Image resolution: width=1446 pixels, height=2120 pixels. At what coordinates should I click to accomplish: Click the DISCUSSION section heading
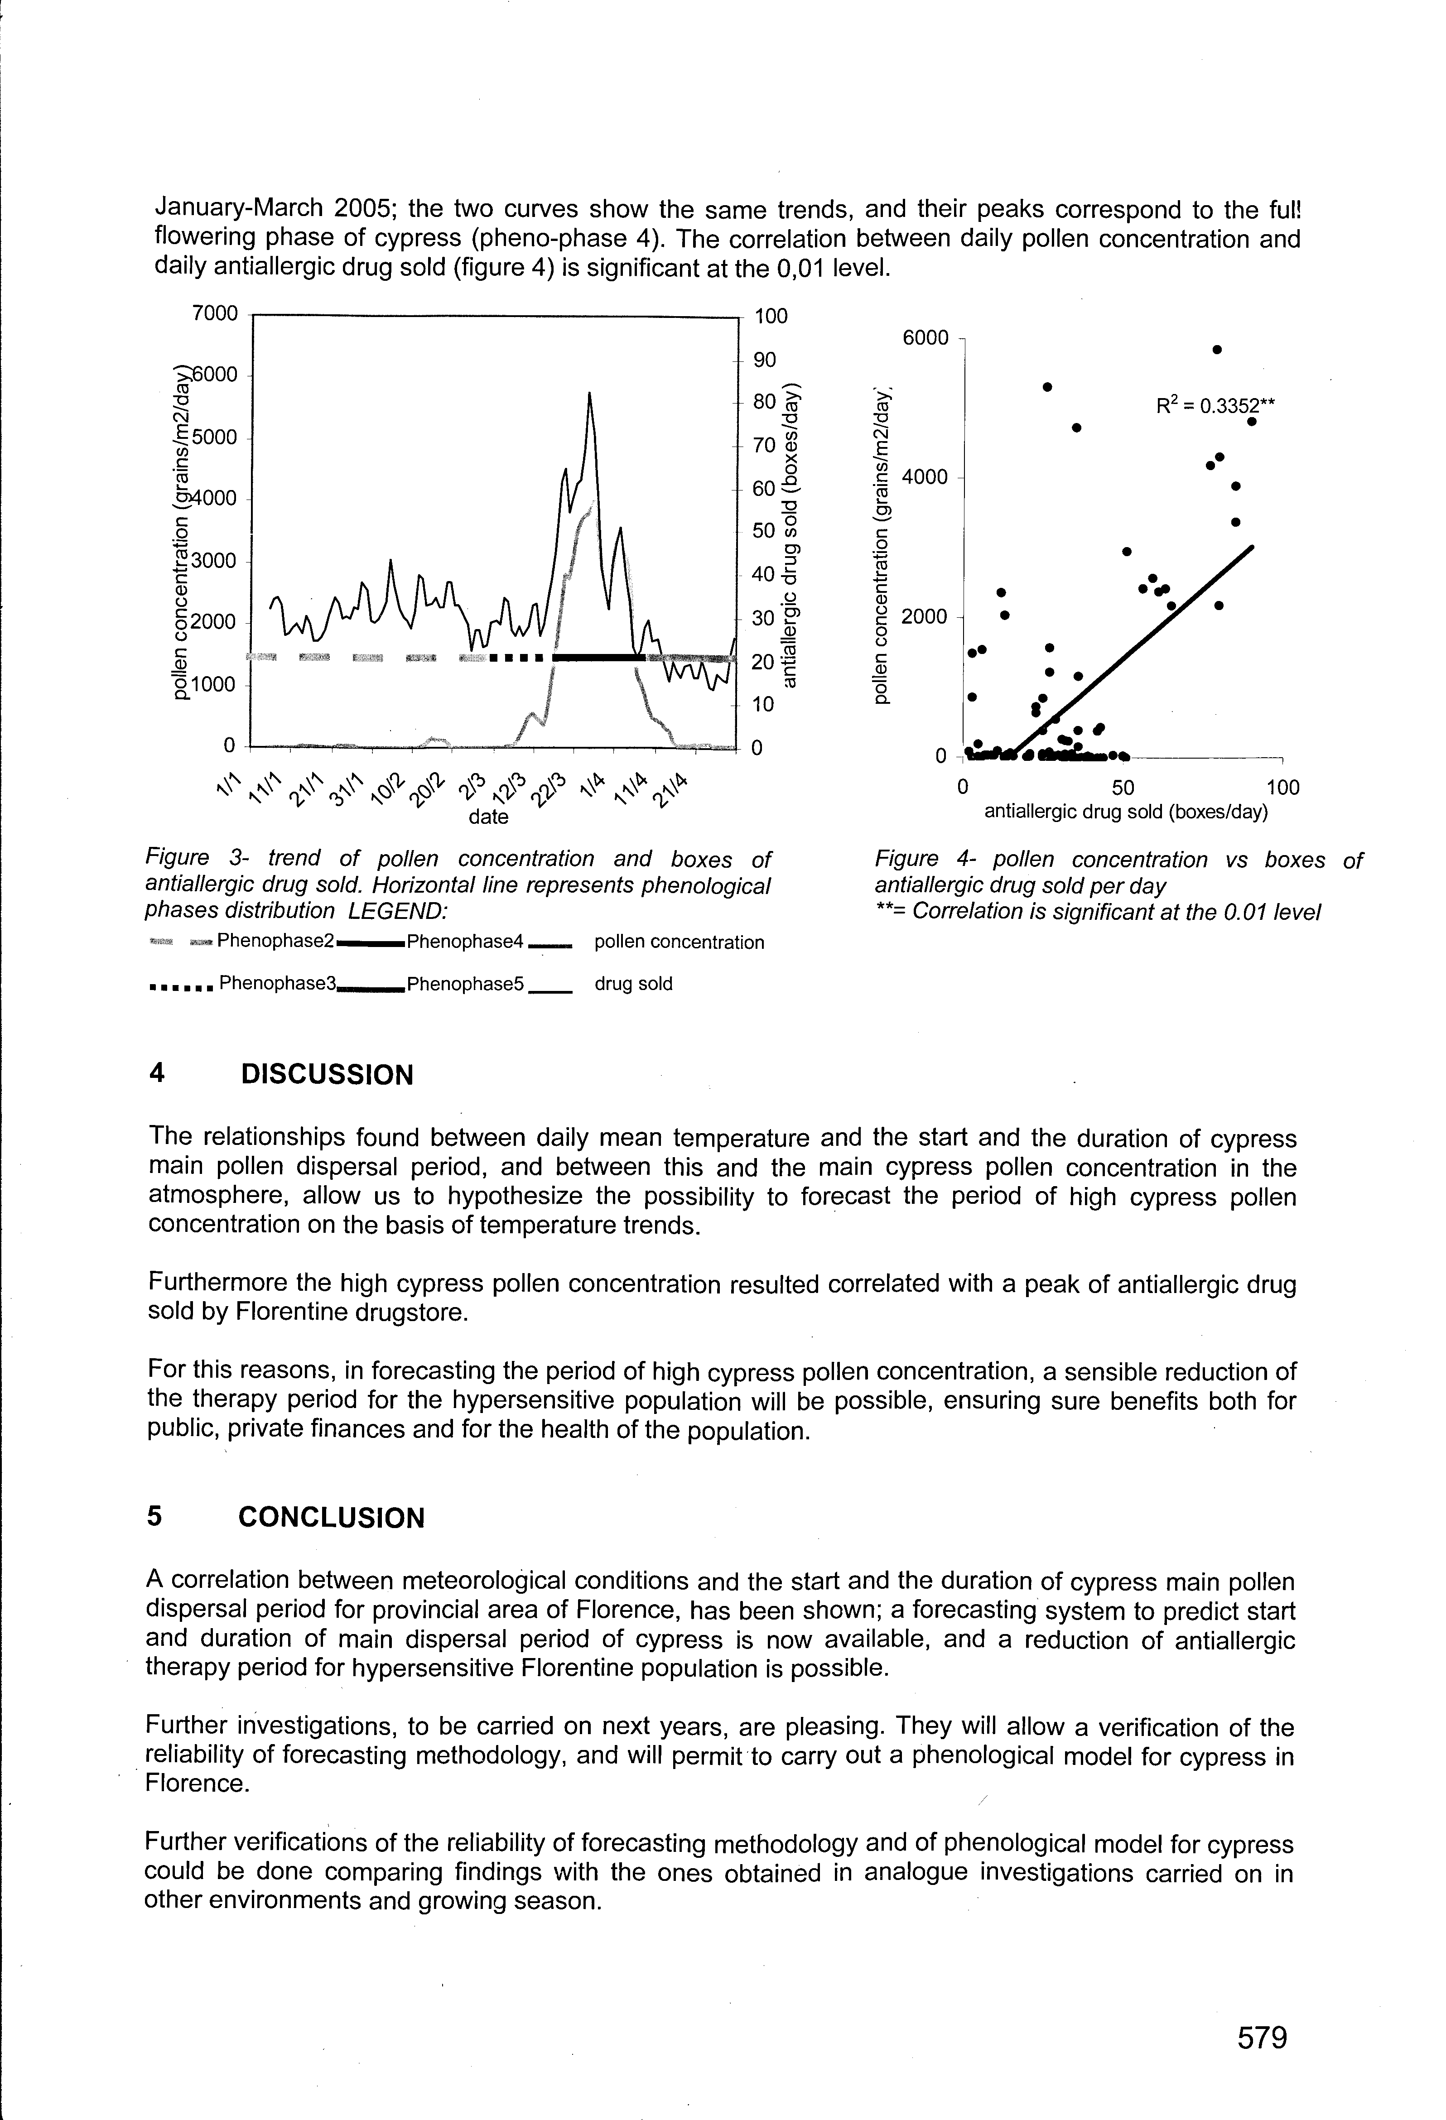coord(327,1075)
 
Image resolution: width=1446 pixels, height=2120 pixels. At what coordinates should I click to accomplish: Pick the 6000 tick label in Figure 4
coord(925,338)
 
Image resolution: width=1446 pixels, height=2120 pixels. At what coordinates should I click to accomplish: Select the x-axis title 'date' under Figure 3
coord(488,817)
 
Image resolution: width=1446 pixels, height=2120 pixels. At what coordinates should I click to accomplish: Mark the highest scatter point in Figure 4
coord(1217,349)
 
